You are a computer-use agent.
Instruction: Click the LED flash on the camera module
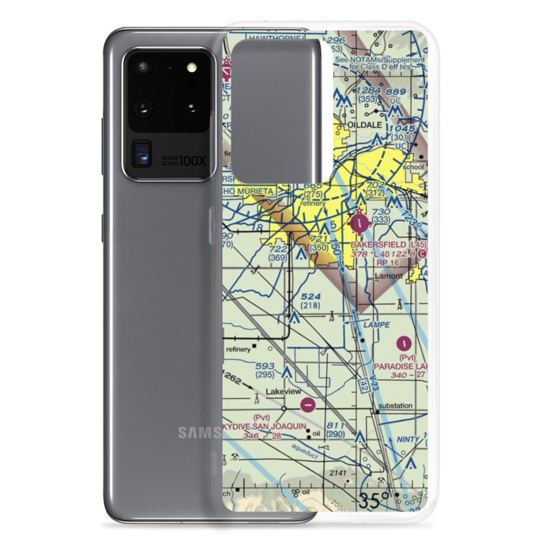191,67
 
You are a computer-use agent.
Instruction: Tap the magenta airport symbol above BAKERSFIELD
362,222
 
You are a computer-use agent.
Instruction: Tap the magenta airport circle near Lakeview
308,405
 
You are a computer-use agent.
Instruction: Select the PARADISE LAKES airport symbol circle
405,343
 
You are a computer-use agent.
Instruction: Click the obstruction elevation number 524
312,297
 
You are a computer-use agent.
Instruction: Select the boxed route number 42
363,387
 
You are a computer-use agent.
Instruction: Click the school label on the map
413,167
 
